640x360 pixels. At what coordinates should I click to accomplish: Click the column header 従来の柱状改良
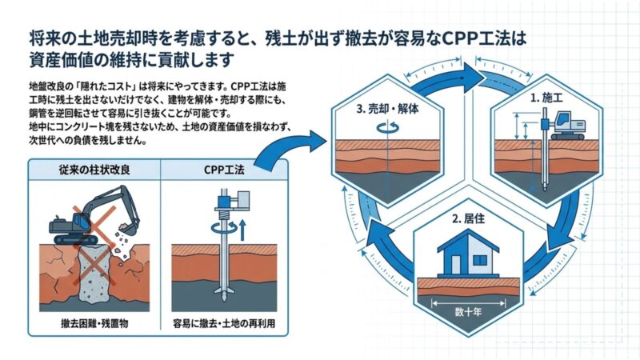(94, 170)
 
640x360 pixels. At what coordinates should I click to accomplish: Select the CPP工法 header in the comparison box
(224, 170)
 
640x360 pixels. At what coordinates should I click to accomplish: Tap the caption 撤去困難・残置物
(94, 323)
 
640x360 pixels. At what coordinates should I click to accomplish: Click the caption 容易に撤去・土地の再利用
(224, 323)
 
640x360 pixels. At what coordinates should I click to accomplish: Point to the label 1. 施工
(546, 98)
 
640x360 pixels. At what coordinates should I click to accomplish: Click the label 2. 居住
(468, 218)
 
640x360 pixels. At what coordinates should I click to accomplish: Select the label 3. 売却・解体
(387, 109)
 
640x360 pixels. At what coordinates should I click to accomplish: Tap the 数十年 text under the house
(468, 312)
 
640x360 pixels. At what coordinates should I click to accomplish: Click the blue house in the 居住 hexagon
(468, 253)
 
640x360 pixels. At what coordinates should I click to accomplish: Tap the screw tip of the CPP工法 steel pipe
(224, 294)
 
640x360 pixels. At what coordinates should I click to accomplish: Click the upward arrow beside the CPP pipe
(242, 230)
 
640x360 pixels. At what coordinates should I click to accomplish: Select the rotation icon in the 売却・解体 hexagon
(387, 127)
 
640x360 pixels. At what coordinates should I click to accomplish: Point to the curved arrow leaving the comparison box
(286, 148)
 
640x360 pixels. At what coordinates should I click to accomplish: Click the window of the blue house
(480, 260)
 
